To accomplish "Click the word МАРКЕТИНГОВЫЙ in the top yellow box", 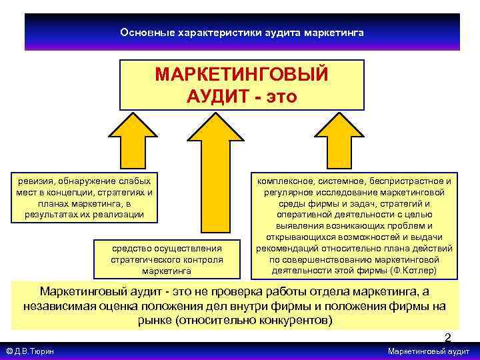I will (241, 74).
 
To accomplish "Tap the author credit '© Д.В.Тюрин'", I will (31, 351).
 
